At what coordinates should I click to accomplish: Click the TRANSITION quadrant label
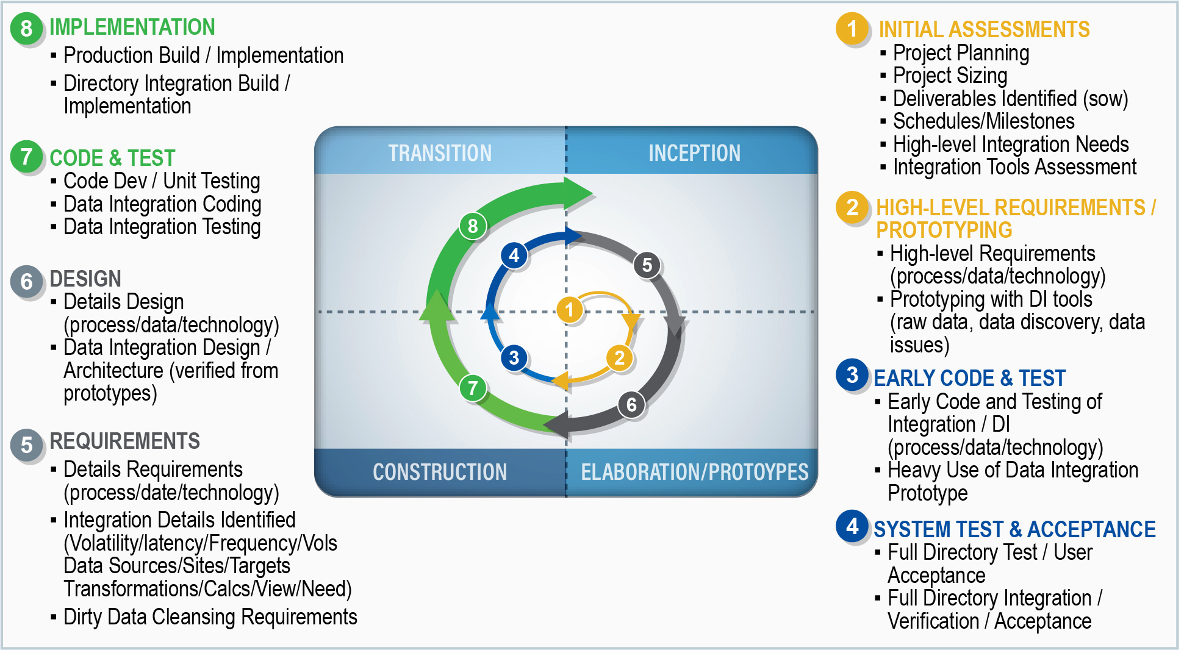440,153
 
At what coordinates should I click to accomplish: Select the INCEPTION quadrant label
694,153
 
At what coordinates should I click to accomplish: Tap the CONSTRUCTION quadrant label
440,472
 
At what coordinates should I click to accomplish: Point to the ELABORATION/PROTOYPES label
694,472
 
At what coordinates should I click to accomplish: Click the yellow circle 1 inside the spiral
569,309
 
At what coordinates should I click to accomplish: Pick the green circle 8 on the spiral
473,226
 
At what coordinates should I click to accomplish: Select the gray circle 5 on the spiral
647,265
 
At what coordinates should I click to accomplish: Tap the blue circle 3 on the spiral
514,357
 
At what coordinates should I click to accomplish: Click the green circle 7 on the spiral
473,388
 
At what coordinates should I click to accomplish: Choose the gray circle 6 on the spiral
631,404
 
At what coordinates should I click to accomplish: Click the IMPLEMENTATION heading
132,27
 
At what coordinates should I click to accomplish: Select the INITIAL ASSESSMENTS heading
984,29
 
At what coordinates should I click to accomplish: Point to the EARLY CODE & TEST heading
969,378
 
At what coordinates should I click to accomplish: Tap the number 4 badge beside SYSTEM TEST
852,526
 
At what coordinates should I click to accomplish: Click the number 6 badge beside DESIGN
27,281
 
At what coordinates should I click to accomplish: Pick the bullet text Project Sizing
950,76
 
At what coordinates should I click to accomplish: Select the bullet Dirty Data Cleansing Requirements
210,617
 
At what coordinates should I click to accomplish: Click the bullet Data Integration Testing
162,227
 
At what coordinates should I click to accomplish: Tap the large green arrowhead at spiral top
577,193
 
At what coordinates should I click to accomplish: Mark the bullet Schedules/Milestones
983,121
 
